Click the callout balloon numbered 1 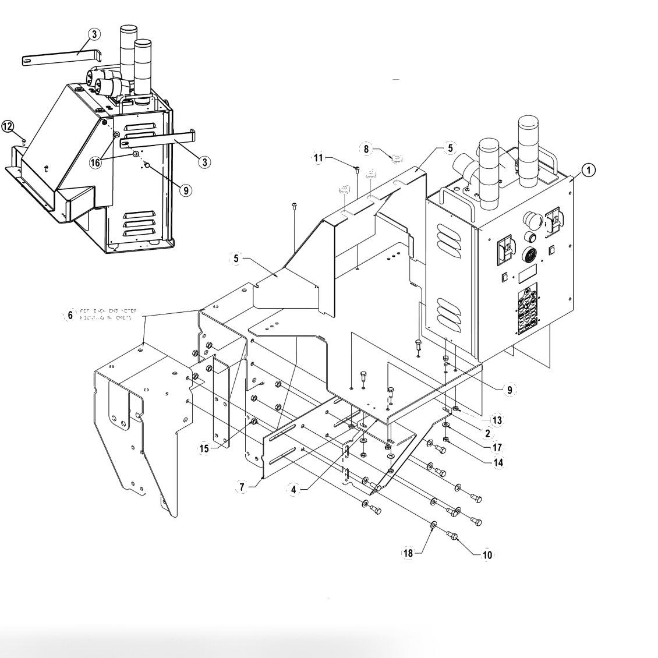(x=589, y=170)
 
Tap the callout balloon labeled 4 (x=294, y=490)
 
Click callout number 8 (x=367, y=149)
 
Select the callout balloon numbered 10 (x=487, y=556)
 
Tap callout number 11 (x=318, y=158)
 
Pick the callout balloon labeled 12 (x=8, y=126)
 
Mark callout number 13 (x=496, y=420)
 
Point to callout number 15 (x=203, y=449)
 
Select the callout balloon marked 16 (x=95, y=162)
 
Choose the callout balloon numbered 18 (x=408, y=553)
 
